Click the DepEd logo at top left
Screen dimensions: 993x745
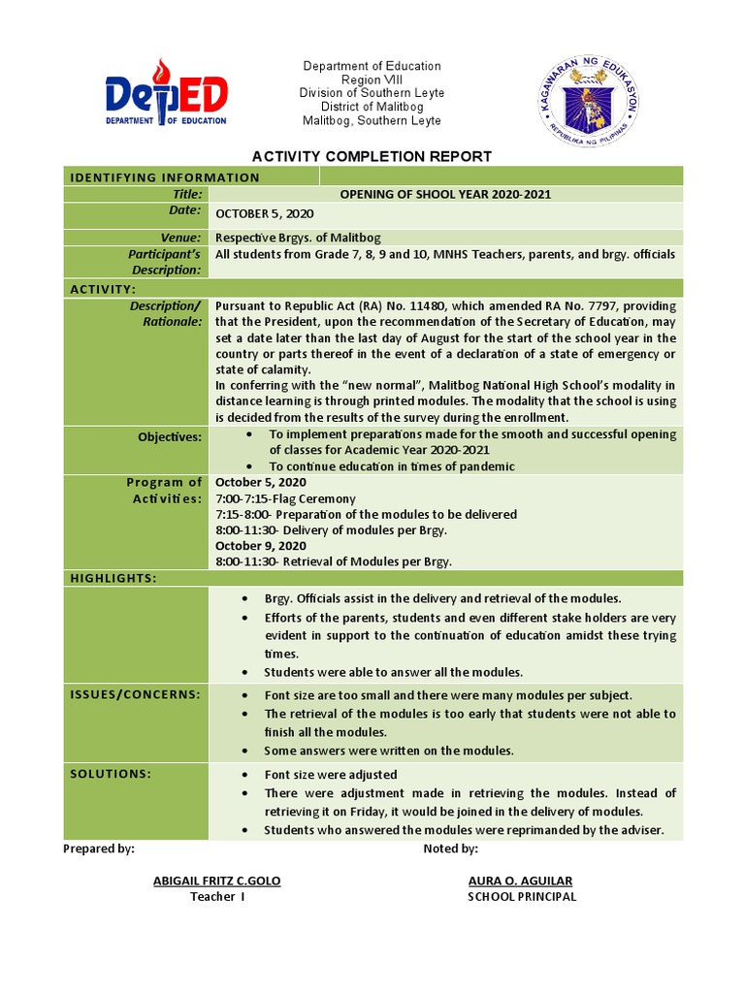tap(166, 95)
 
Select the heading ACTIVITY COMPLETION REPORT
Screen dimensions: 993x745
tap(372, 156)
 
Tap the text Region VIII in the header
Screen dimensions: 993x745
tap(372, 80)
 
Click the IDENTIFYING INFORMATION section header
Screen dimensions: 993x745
tap(165, 177)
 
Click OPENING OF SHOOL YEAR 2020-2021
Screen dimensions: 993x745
tap(445, 194)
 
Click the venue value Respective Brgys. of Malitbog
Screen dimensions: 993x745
tap(298, 238)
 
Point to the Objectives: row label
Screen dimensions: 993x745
tap(170, 437)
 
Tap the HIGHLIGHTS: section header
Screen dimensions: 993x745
tap(113, 578)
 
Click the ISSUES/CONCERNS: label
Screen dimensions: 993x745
tap(135, 694)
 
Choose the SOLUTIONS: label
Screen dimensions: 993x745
tap(111, 774)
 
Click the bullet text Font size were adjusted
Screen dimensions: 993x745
tap(331, 775)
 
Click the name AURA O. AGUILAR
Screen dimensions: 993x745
tap(520, 881)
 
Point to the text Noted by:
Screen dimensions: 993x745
tap(450, 849)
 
